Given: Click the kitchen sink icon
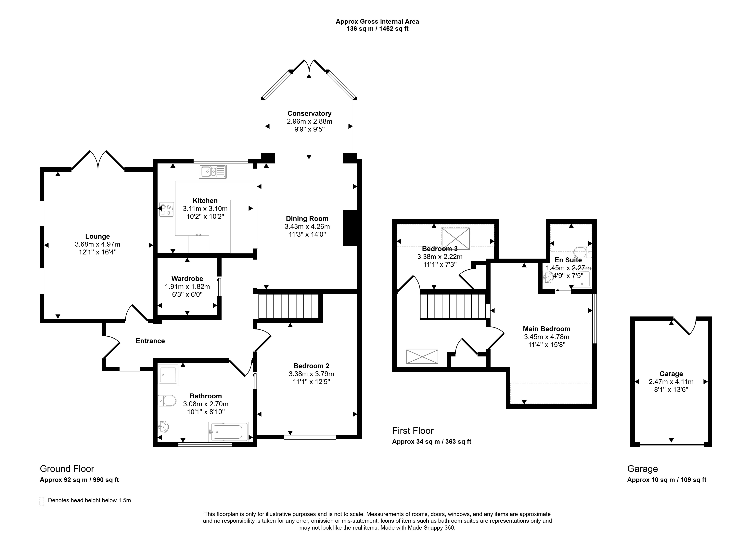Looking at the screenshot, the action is [213, 172].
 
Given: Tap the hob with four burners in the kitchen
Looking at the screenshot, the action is [166, 210].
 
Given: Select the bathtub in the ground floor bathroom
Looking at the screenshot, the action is [228, 432].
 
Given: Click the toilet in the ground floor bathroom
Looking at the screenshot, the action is [167, 401].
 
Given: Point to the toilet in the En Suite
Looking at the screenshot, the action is [583, 252].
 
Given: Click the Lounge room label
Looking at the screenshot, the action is [97, 236].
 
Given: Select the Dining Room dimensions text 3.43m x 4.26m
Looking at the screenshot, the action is [307, 226].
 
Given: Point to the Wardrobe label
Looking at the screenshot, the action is [187, 279].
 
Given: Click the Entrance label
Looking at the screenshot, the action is [150, 341].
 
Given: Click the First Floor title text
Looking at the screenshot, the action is [413, 431].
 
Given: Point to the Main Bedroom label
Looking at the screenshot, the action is [546, 329].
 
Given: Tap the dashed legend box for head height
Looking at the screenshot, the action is [42, 501].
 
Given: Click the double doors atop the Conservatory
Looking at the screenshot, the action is [309, 66].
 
